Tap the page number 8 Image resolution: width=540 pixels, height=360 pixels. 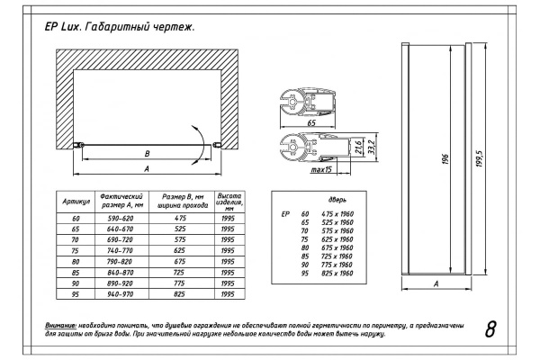tap(490, 328)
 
